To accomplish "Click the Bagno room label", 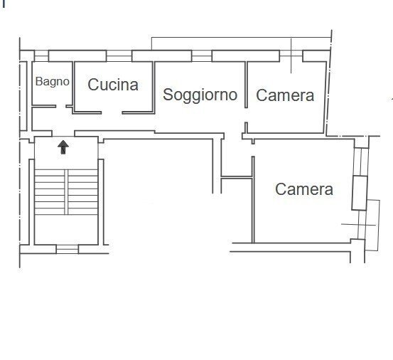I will pos(53,81).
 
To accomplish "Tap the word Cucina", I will pos(113,85).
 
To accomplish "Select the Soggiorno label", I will pos(200,94).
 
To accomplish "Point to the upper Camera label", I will pos(284,95).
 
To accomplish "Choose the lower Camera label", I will pos(303,189).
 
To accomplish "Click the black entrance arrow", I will pos(63,147).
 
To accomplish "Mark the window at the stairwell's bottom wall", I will pos(66,249).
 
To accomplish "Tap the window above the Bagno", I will pos(41,55).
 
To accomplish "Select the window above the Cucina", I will pos(118,55).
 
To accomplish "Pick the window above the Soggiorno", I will pos(202,55).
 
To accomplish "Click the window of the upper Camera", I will pos(291,55).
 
